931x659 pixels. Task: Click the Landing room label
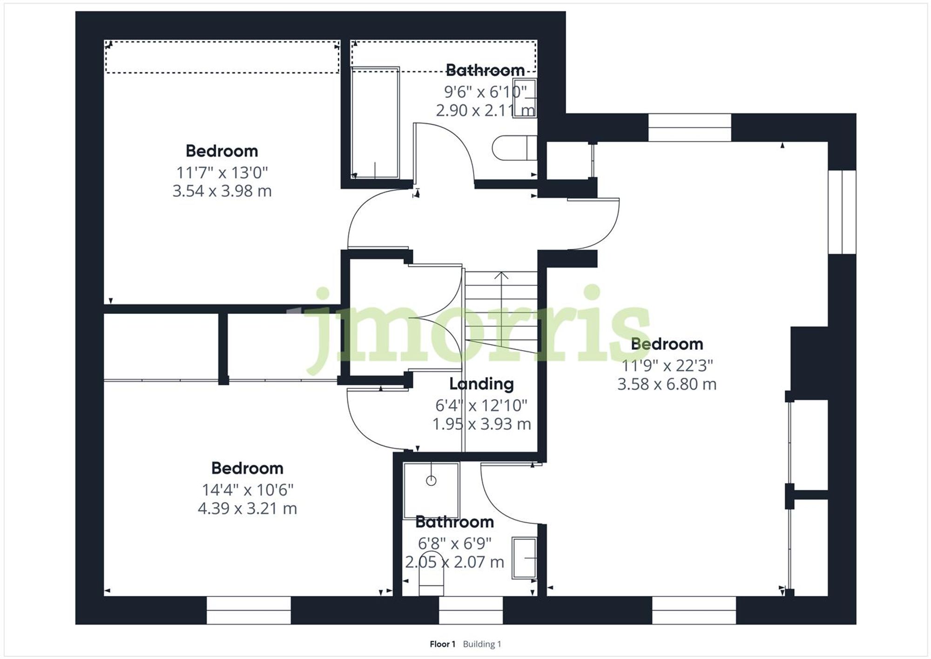tap(481, 384)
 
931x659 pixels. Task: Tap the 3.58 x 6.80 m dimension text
tap(667, 384)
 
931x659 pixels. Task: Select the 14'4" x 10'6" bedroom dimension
tap(247, 489)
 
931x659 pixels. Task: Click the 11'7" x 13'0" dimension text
tap(222, 172)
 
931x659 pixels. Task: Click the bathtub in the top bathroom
tap(375, 122)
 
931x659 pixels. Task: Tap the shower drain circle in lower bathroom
tap(431, 481)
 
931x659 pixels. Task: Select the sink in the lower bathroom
tap(524, 558)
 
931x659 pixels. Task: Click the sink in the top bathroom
tap(525, 98)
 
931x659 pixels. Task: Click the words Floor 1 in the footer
tap(442, 644)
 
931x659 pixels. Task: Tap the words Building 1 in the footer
tap(482, 644)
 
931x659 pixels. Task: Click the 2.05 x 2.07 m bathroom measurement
tap(454, 562)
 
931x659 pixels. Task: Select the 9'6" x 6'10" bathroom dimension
tap(485, 92)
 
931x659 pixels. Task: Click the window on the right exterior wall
tap(842, 212)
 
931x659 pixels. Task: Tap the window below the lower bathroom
tap(471, 610)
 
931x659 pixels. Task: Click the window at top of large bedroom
tap(689, 128)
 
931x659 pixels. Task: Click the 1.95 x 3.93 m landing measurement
tap(481, 424)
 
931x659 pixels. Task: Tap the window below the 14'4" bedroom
tap(249, 610)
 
